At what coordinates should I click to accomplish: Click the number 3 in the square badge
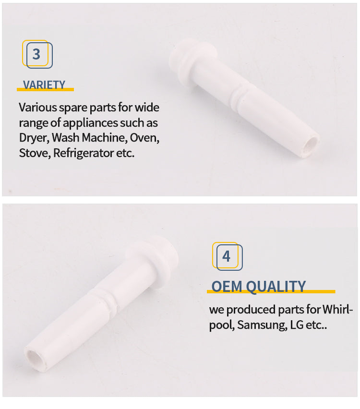(x=36, y=54)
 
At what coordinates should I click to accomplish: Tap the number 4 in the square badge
(x=226, y=256)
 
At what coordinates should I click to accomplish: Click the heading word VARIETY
(x=44, y=85)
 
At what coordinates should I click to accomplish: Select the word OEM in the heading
(x=227, y=287)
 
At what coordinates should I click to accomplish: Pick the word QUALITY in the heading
(x=276, y=287)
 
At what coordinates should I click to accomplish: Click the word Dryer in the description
(x=34, y=138)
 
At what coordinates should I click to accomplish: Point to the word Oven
(x=144, y=138)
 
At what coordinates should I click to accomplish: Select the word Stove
(x=35, y=153)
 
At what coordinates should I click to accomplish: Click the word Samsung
(x=262, y=325)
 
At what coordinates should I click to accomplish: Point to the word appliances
(x=90, y=123)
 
